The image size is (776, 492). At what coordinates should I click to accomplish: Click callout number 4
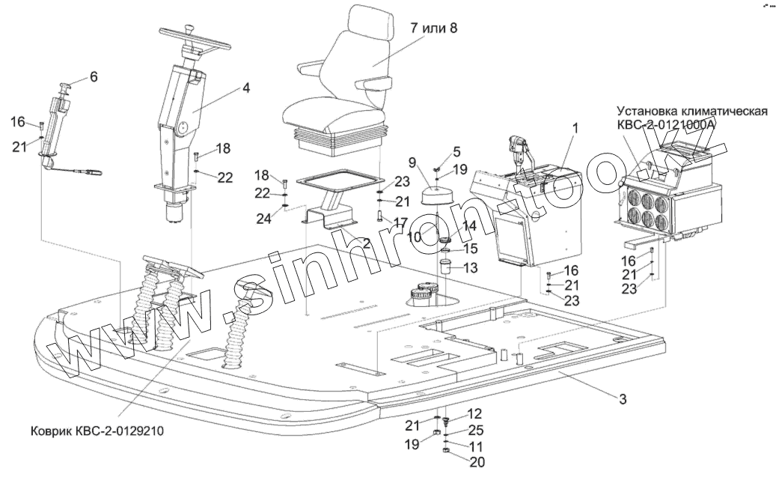[245, 88]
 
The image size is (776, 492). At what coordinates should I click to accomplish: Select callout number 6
[94, 76]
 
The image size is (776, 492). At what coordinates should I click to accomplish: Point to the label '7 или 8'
[433, 28]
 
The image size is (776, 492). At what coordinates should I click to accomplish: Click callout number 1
[575, 128]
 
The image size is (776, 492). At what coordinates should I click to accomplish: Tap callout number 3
[623, 398]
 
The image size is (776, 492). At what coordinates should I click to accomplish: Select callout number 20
[477, 462]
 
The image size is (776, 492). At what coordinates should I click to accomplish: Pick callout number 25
[476, 429]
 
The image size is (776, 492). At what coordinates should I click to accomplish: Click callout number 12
[475, 413]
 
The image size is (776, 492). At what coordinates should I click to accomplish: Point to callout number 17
[401, 222]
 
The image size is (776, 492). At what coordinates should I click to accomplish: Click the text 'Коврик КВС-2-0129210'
[97, 431]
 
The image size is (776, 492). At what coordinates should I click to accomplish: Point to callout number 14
[468, 225]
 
